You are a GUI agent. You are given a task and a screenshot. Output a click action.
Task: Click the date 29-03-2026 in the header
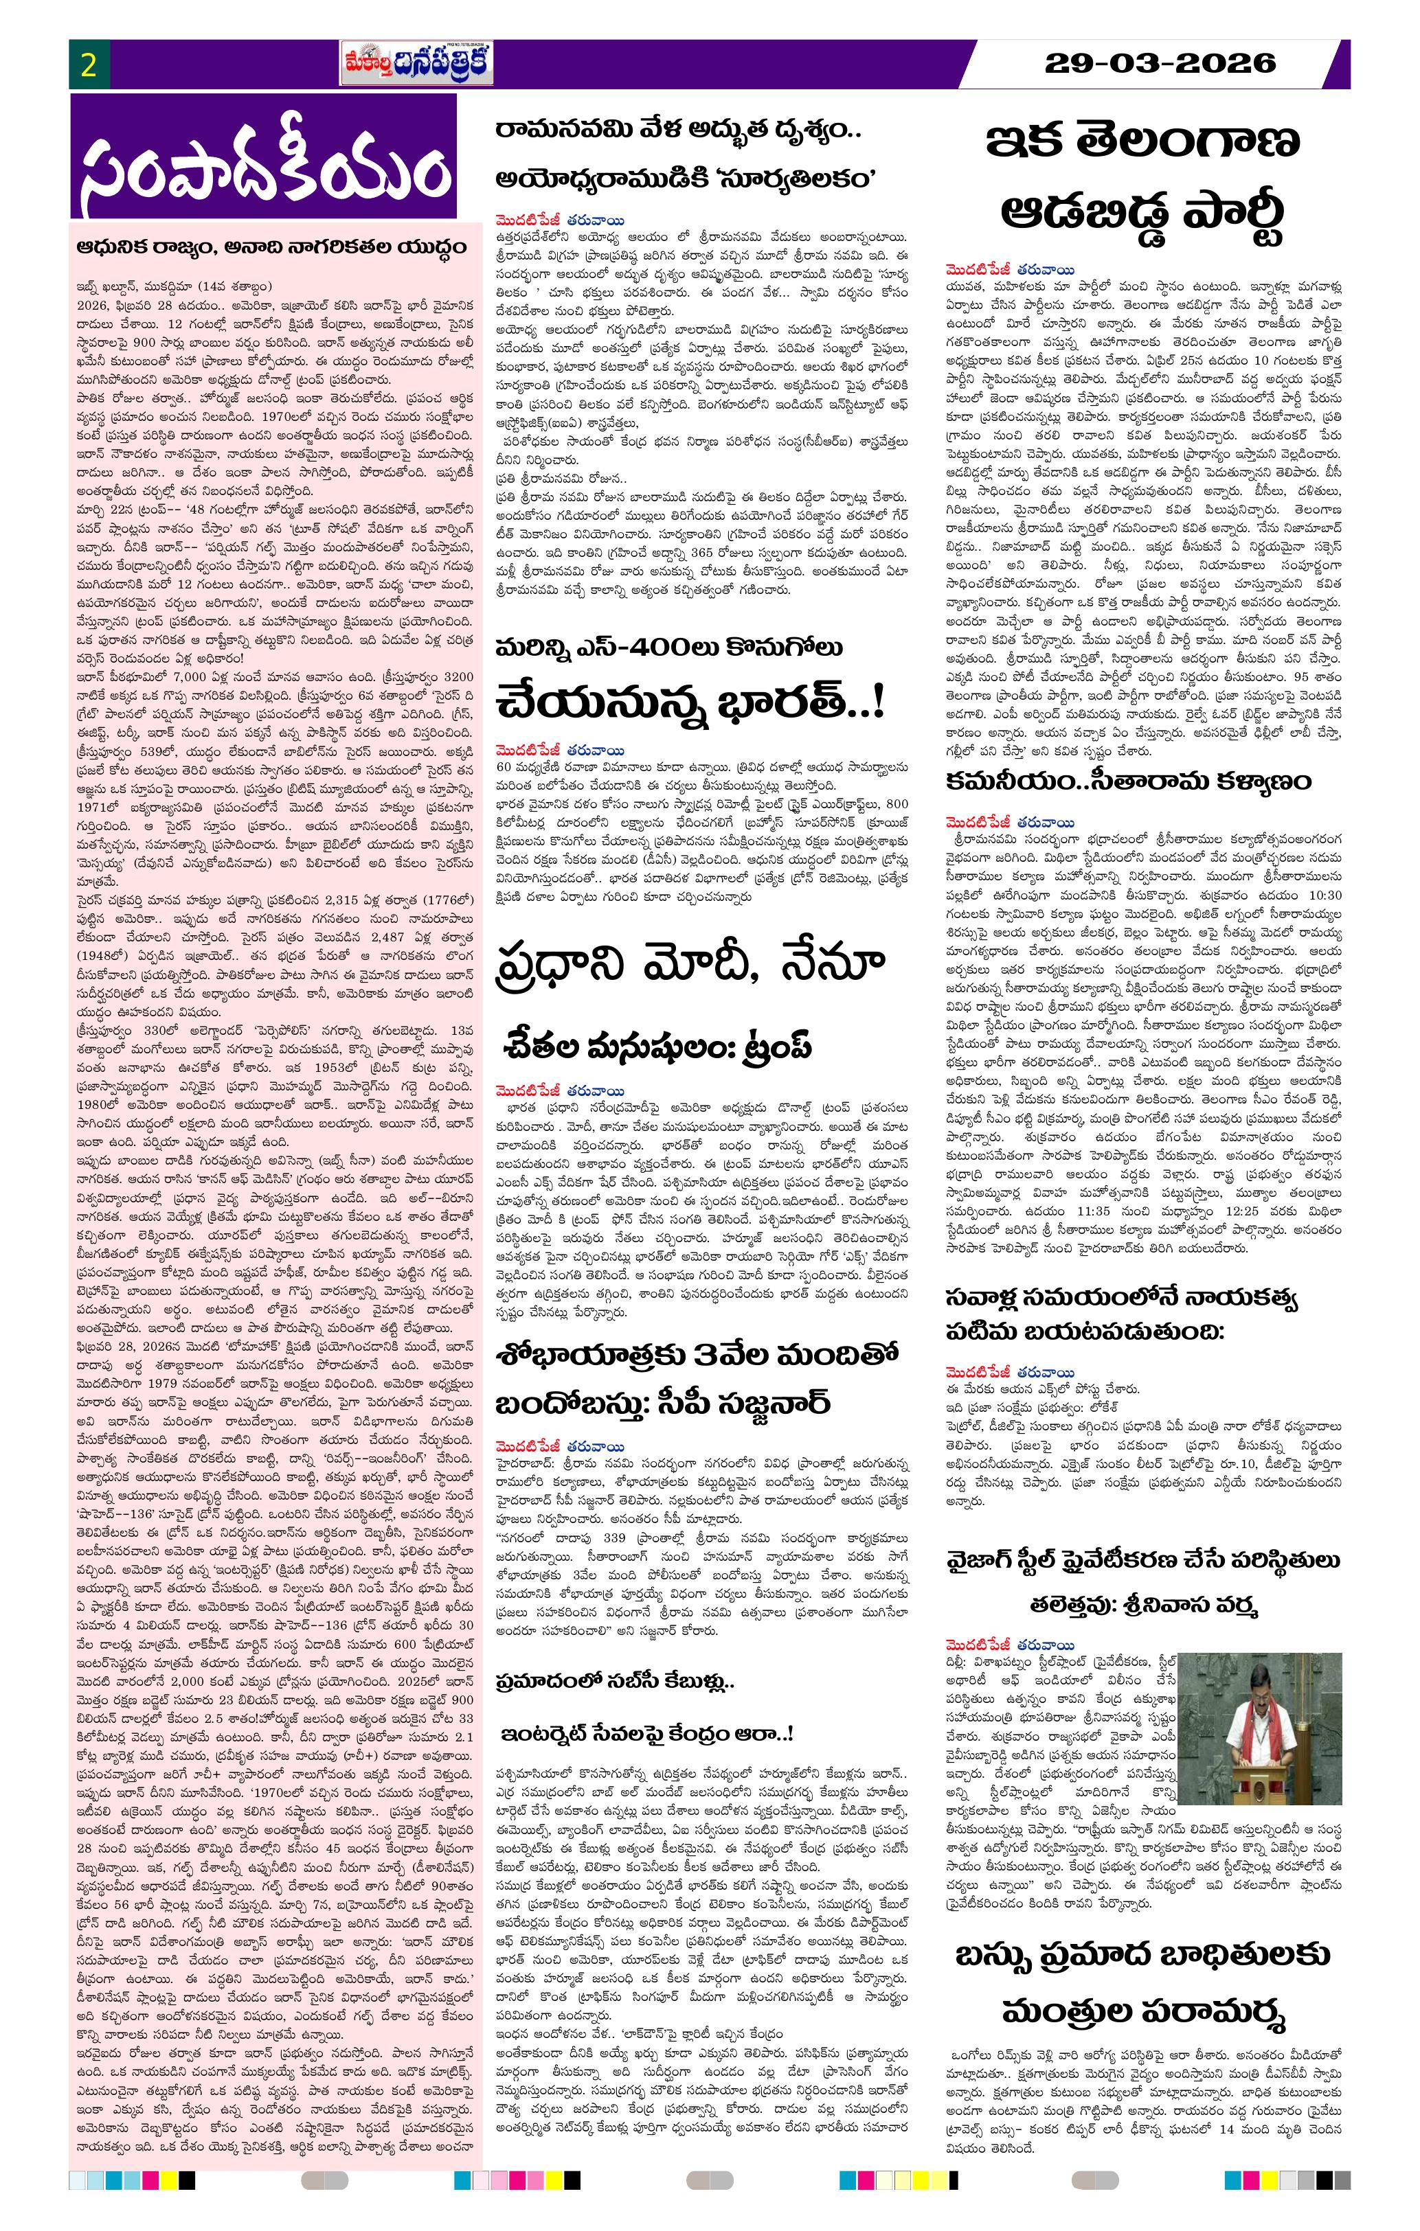pyautogui.click(x=1160, y=63)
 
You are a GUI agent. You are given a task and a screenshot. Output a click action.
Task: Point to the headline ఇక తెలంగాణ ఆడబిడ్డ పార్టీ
pyautogui.click(x=1144, y=181)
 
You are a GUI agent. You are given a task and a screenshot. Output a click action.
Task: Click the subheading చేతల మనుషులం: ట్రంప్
pyautogui.click(x=659, y=1045)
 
